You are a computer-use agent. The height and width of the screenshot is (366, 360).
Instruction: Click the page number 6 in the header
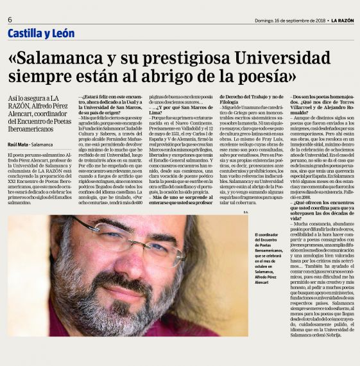(10, 19)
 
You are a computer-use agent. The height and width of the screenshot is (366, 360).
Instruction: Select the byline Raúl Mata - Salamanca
(31, 145)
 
